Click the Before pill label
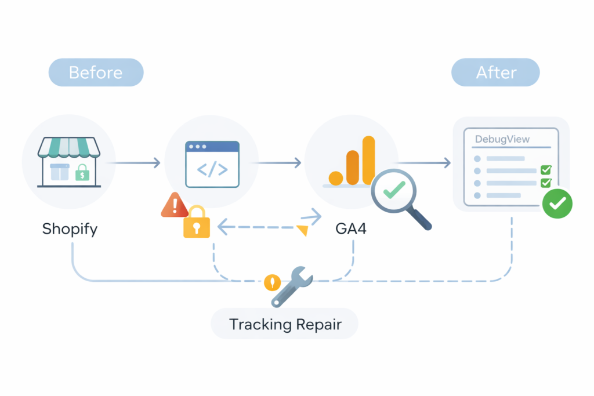pyautogui.click(x=96, y=72)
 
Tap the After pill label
pyautogui.click(x=496, y=72)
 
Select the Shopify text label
pyautogui.click(x=70, y=228)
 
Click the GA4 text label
pyautogui.click(x=350, y=228)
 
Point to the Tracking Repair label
pyautogui.click(x=285, y=324)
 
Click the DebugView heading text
pyautogui.click(x=502, y=140)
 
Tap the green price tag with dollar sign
pyautogui.click(x=83, y=172)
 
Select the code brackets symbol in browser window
pyautogui.click(x=212, y=170)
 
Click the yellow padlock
pyautogui.click(x=196, y=224)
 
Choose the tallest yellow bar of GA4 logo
pyautogui.click(x=368, y=159)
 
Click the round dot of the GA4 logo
pyautogui.click(x=336, y=178)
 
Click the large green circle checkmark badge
pyautogui.click(x=557, y=204)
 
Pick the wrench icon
pyautogui.click(x=292, y=285)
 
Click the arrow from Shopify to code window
pyautogui.click(x=135, y=164)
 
